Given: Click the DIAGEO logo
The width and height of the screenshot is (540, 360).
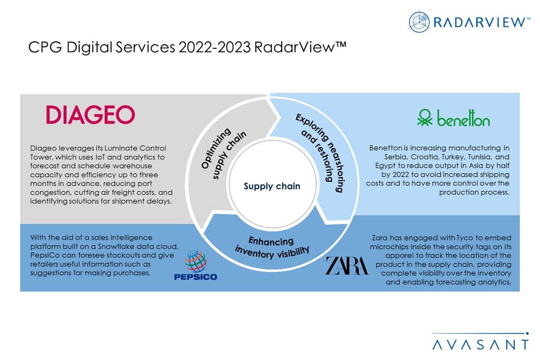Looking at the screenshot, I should point(90,114).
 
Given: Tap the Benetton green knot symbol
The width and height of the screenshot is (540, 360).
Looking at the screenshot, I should point(425,118).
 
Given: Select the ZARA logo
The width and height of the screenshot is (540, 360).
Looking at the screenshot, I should point(347,265).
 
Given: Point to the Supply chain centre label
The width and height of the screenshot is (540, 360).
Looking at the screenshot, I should point(272,186).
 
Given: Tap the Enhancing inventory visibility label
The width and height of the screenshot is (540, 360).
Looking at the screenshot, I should point(272,246).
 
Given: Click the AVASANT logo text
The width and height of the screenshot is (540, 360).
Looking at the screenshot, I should point(480,345).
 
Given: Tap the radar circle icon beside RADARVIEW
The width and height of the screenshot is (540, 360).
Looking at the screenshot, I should point(419,22).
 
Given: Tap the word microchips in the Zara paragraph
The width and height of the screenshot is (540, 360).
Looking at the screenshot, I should point(390,247).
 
